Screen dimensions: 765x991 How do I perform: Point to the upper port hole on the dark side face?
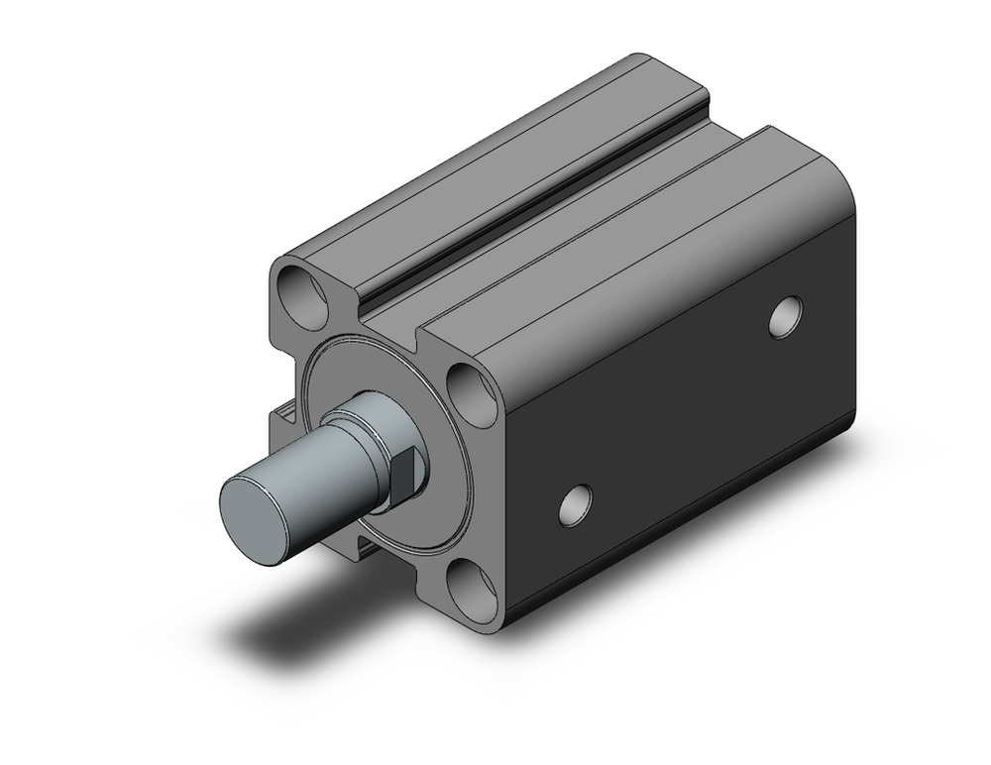pos(787,315)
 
